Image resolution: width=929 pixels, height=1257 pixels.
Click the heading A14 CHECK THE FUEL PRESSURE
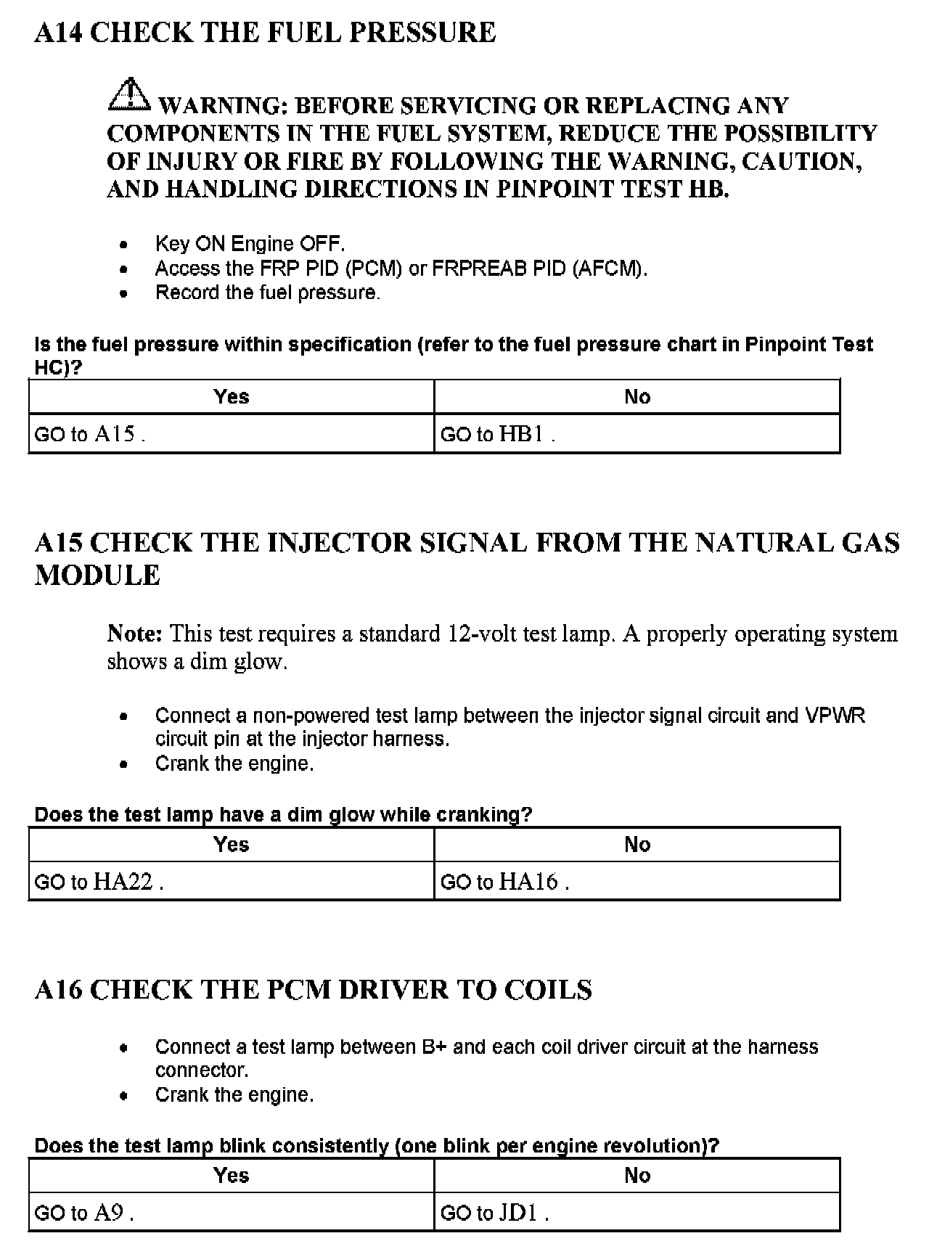pos(265,33)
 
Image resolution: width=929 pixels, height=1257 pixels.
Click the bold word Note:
pos(135,634)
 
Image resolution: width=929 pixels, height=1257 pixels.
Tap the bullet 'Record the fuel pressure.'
pos(267,292)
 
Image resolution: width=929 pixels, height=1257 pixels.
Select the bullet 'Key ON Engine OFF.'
pos(250,244)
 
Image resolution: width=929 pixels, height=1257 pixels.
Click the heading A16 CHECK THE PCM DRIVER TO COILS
pos(313,990)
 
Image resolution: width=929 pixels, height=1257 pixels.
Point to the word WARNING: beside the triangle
pos(223,106)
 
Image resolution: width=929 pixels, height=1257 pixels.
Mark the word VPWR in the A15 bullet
pos(835,716)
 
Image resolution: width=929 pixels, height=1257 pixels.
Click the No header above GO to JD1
pos(637,1175)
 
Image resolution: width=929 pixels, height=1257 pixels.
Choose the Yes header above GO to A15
pos(231,396)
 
